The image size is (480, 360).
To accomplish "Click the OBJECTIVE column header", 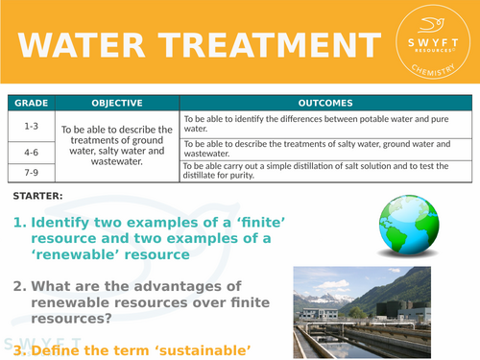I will [117, 103].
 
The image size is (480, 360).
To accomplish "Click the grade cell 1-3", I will [31, 124].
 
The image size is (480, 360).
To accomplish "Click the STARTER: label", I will [38, 197].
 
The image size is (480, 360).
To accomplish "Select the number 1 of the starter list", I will [18, 223].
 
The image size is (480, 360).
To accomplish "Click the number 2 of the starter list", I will [18, 286].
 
